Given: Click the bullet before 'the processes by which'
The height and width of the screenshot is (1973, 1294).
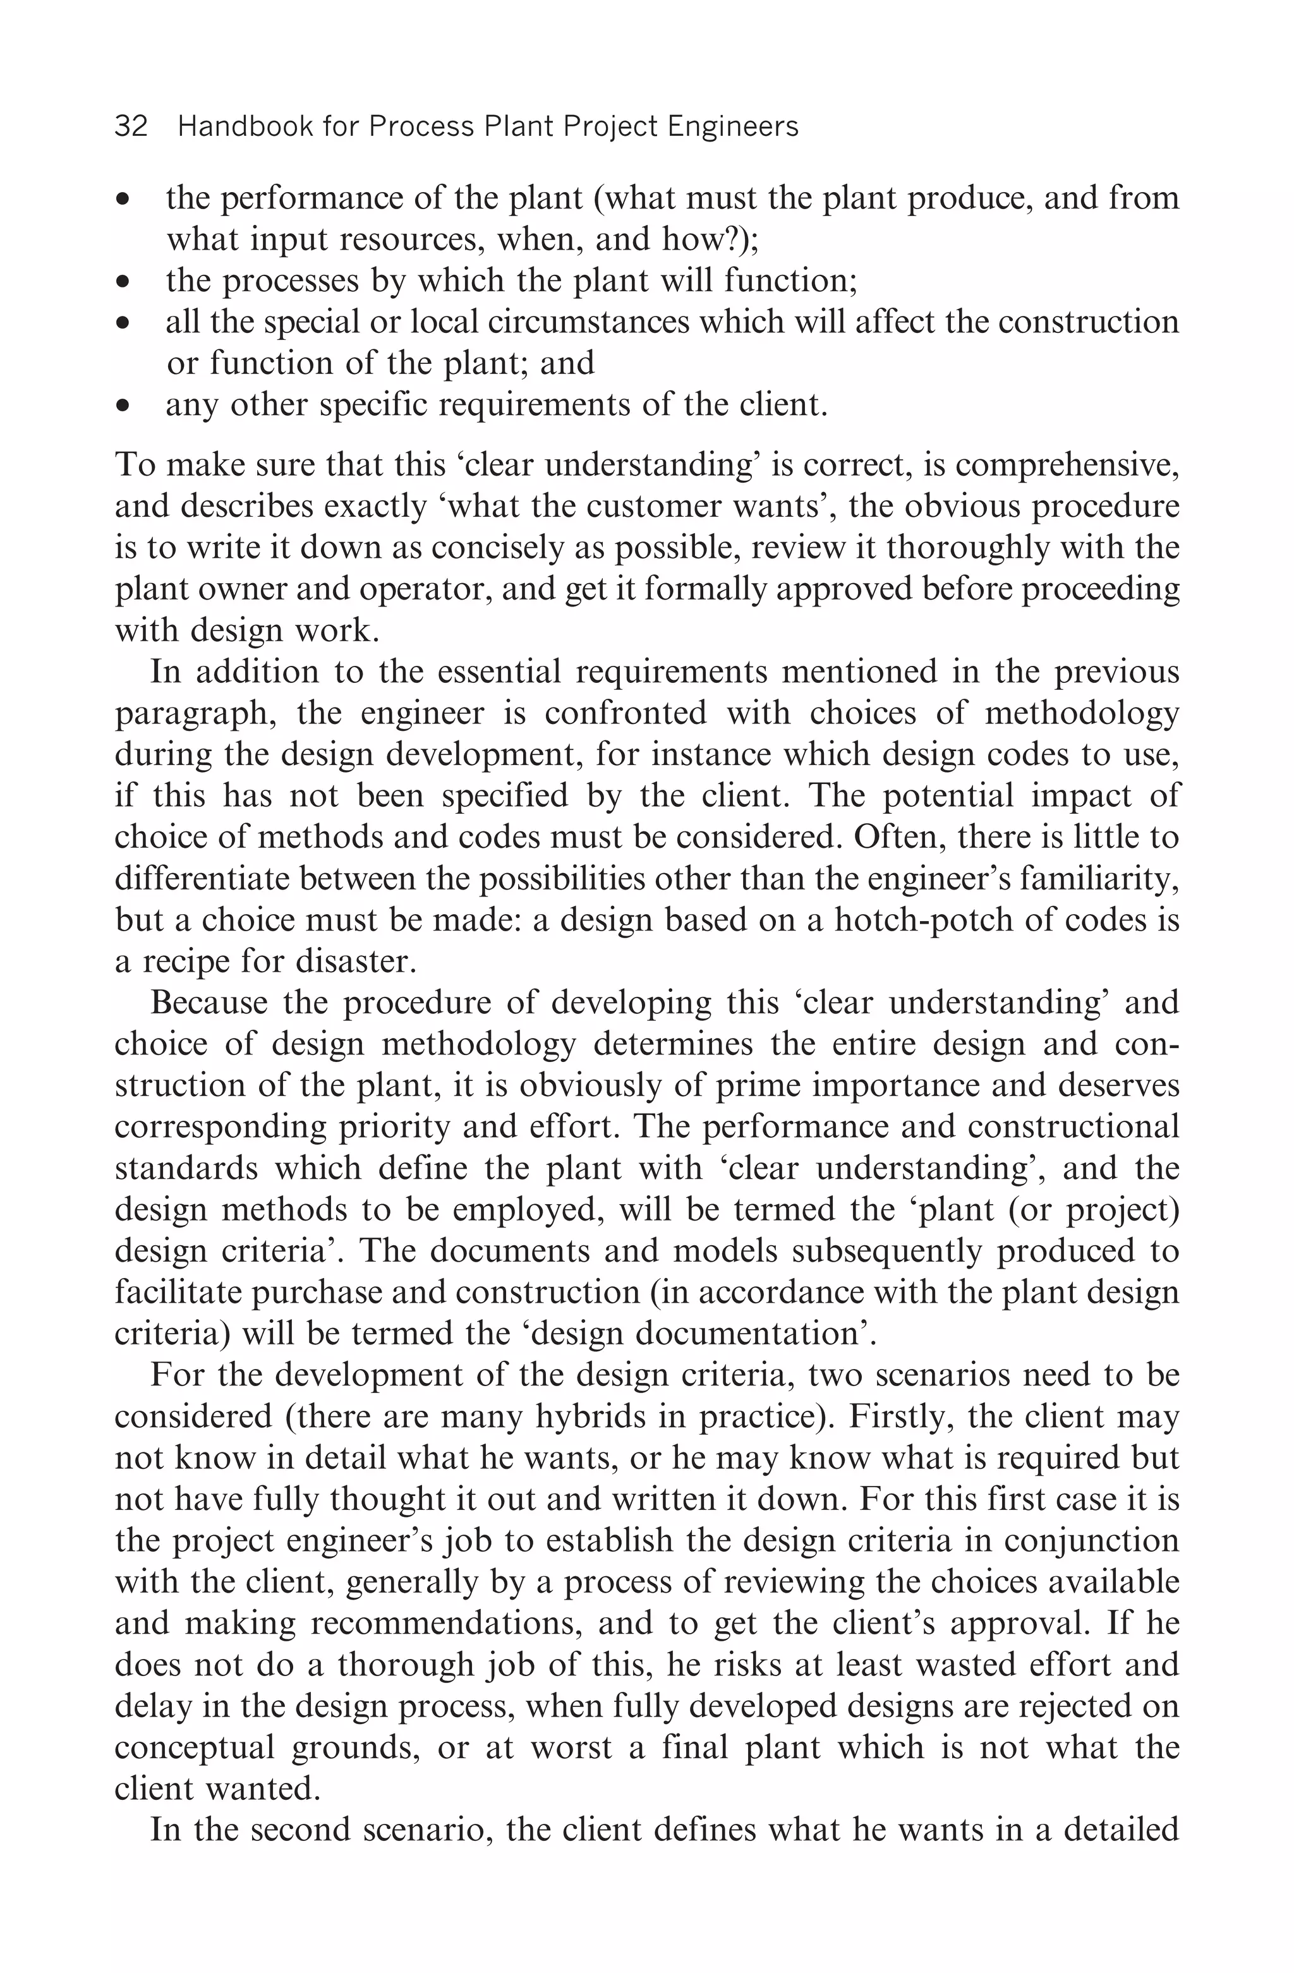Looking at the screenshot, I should coord(123,282).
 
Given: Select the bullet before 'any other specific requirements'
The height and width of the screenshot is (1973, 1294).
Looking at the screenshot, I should coord(123,407).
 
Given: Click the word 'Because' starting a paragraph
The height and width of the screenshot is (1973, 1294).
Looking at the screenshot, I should coord(209,1003).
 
